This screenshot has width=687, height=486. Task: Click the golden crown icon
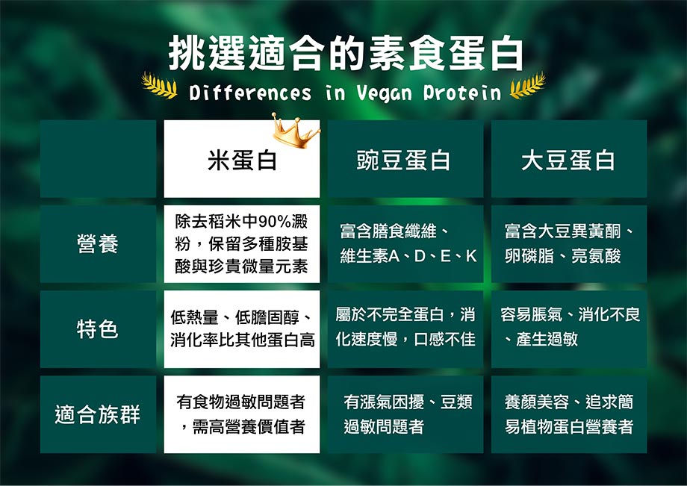(295, 131)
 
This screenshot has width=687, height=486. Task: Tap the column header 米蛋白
(242, 160)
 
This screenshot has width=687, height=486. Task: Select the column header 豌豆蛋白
(403, 160)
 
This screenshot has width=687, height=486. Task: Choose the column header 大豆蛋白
(568, 160)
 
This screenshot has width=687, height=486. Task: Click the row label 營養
(98, 243)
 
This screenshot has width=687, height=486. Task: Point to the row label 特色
(98, 328)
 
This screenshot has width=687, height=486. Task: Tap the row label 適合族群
(98, 414)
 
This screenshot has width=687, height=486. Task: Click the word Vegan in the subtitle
(385, 93)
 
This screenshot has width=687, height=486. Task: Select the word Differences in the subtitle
(250, 93)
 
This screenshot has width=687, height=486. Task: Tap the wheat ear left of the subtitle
(159, 85)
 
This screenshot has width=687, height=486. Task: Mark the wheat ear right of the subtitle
(528, 85)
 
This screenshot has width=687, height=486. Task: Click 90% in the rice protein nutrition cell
(275, 222)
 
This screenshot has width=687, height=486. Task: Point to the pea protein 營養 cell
(405, 244)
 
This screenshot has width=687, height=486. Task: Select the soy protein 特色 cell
(569, 328)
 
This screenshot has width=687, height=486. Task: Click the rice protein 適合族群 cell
(242, 414)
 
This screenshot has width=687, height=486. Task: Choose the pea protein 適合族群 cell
(405, 414)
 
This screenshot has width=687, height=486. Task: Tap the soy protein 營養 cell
(569, 244)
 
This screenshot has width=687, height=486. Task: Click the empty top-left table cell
(98, 158)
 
